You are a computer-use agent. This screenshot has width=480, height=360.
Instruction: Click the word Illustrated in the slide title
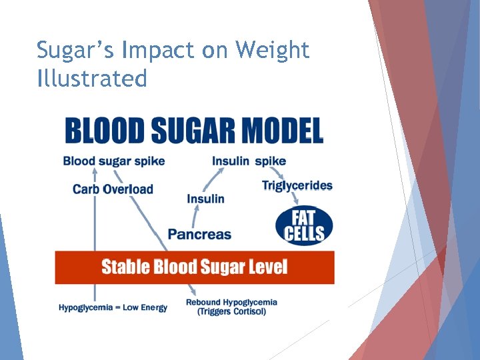(92, 79)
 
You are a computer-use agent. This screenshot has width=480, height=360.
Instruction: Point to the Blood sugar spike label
(114, 161)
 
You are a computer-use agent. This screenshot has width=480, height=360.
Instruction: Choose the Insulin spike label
(249, 161)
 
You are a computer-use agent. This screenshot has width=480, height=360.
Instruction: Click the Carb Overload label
(113, 189)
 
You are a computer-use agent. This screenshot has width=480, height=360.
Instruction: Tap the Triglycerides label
(297, 185)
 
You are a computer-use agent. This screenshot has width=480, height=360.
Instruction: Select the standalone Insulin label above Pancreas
(205, 199)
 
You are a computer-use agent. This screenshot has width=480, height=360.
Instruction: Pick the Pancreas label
(199, 234)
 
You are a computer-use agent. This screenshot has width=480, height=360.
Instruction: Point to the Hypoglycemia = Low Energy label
(113, 307)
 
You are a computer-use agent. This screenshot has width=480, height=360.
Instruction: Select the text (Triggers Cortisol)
(231, 311)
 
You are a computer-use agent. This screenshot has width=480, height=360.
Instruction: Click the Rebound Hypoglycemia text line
(231, 302)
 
